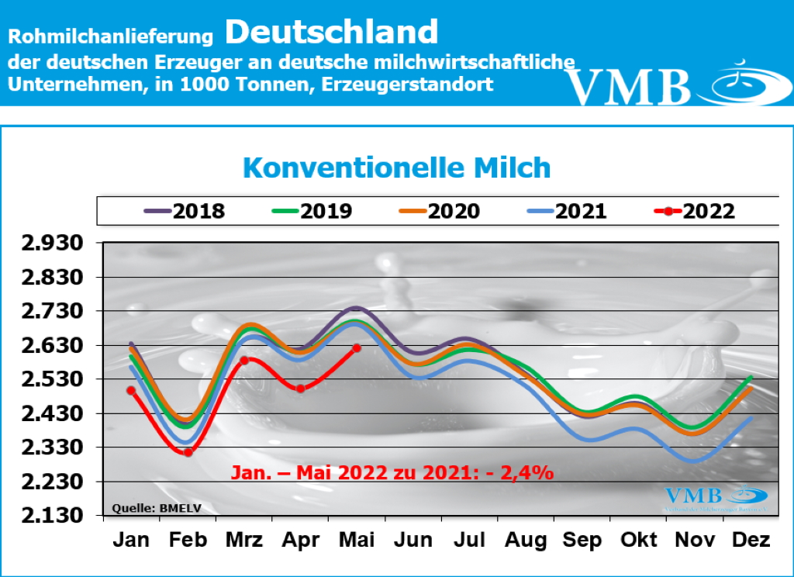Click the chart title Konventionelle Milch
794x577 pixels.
[x=396, y=168]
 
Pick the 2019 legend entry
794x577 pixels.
[x=312, y=211]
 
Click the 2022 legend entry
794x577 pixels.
[x=695, y=211]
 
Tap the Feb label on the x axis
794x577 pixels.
[x=187, y=540]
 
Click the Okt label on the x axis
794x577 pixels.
[x=640, y=540]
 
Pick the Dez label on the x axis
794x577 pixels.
[x=750, y=540]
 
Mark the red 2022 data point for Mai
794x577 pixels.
[x=356, y=348]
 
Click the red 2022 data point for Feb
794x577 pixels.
[x=188, y=452]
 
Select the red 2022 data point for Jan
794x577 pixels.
[x=131, y=391]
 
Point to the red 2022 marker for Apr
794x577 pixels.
[x=300, y=389]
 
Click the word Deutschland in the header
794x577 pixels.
[x=332, y=33]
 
